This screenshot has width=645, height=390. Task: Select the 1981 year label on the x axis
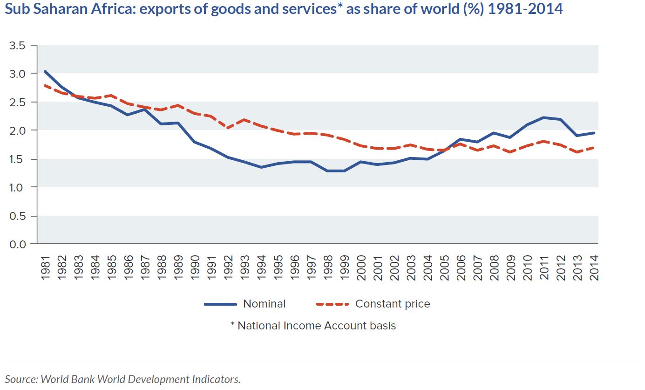(x=46, y=267)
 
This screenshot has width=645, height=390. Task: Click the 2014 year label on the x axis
(x=594, y=267)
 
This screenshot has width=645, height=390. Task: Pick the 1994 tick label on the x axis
(x=262, y=267)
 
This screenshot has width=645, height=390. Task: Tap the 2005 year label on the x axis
(x=444, y=267)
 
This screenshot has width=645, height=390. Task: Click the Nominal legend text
(x=264, y=304)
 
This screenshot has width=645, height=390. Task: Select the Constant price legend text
(x=393, y=304)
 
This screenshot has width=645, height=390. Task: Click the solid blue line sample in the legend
(x=220, y=304)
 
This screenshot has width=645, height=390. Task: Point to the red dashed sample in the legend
(x=333, y=304)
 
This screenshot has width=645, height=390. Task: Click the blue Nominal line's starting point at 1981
(x=45, y=71)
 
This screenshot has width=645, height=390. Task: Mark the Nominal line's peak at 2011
(x=544, y=117)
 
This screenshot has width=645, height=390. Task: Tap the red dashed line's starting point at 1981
(x=45, y=85)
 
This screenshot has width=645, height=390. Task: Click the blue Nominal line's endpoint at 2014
(x=594, y=133)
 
